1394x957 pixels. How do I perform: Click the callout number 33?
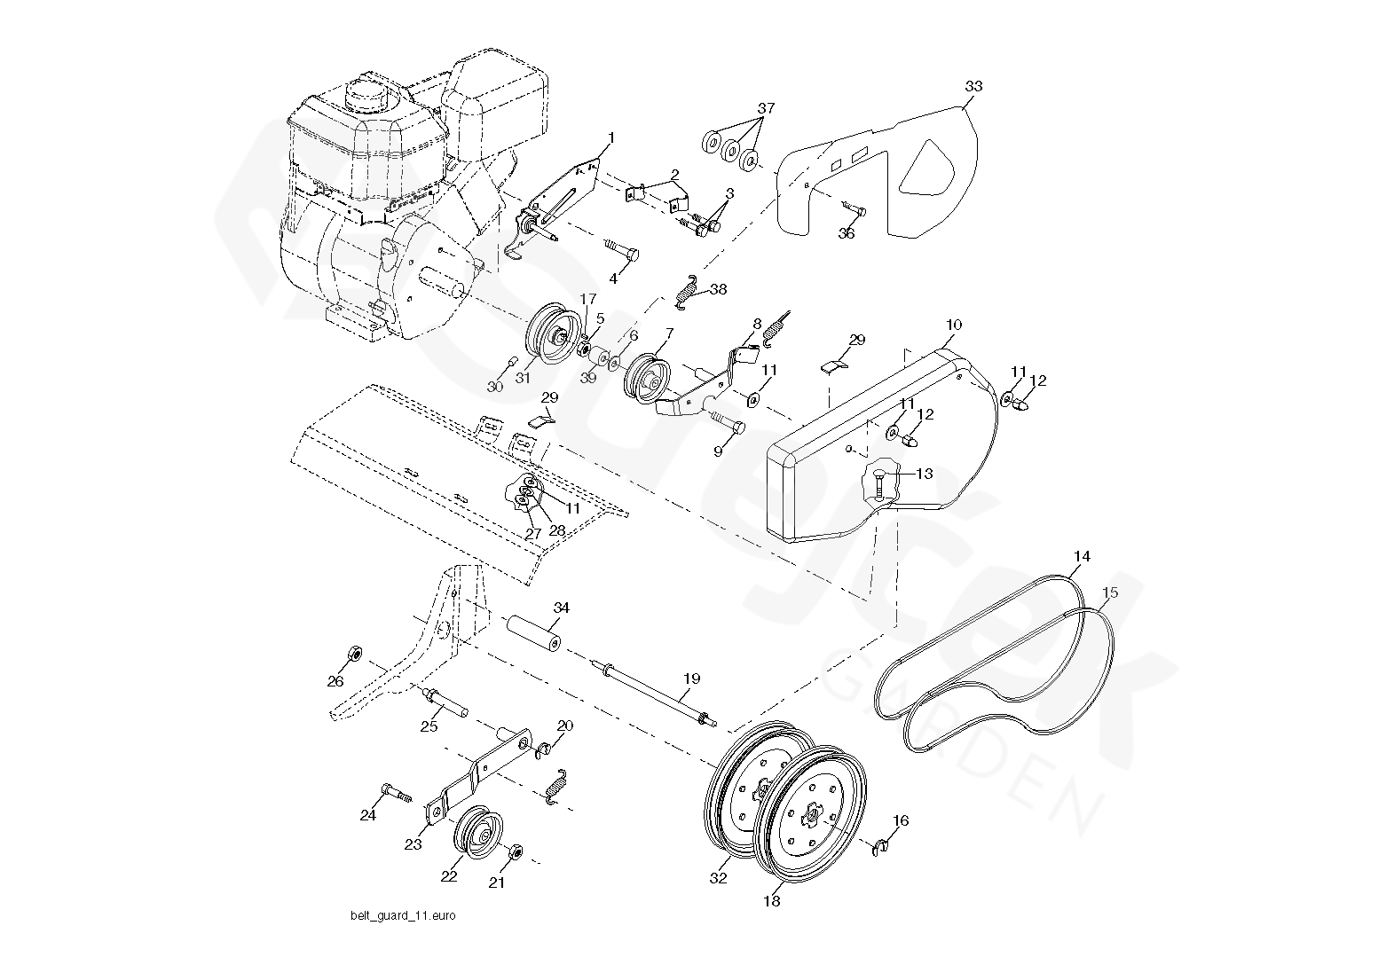click(x=973, y=86)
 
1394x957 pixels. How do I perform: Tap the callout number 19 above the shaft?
click(x=691, y=679)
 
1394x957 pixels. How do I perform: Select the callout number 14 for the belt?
click(x=1081, y=556)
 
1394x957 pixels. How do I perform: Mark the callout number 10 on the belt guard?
click(x=954, y=325)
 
